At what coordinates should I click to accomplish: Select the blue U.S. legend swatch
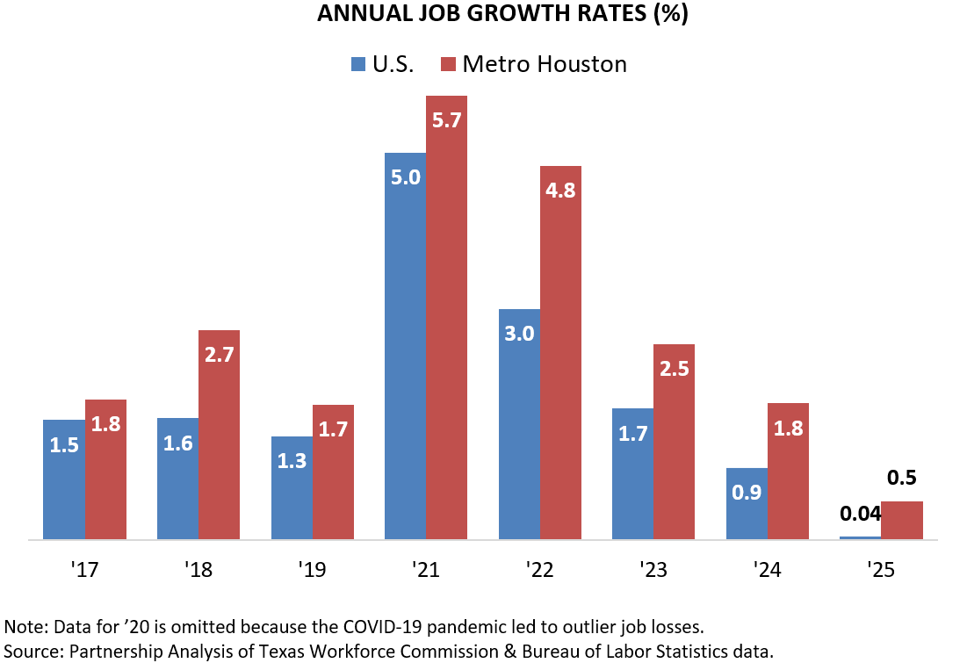(x=359, y=64)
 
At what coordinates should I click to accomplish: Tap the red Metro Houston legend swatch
(x=448, y=64)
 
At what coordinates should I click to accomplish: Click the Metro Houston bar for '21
(x=446, y=316)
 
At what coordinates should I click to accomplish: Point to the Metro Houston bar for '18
(x=219, y=434)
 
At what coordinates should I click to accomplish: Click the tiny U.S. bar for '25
(x=860, y=537)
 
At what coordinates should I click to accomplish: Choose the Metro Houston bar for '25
(x=901, y=520)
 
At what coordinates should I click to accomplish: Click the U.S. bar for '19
(x=292, y=487)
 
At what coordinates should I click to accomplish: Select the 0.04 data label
(x=860, y=514)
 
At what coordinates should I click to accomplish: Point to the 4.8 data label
(x=560, y=190)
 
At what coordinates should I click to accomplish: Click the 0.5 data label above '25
(x=901, y=479)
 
